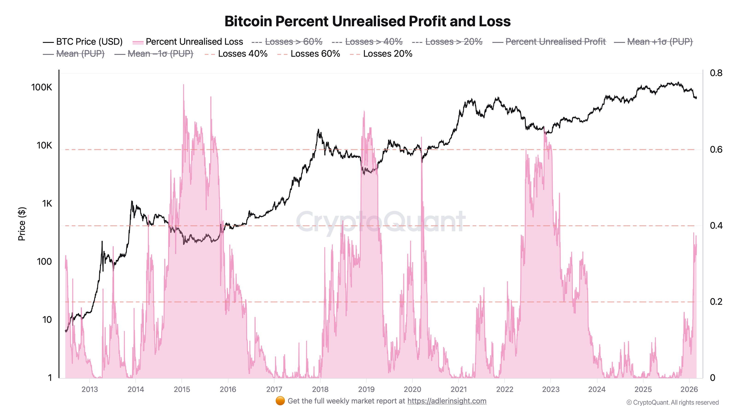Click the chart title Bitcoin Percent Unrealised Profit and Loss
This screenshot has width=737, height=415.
point(367,21)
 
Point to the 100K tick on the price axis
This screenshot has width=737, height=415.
point(42,87)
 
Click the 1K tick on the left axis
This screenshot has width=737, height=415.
point(47,204)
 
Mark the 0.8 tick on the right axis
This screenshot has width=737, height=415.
point(716,73)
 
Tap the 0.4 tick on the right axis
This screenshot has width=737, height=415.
point(716,226)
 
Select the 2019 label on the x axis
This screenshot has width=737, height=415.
point(366,389)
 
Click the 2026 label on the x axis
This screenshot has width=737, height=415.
point(689,389)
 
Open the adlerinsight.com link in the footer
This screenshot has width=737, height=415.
point(447,401)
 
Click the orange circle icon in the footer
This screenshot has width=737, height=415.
point(280,401)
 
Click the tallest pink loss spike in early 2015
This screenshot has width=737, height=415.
point(183,85)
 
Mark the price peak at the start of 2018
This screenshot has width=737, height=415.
point(318,130)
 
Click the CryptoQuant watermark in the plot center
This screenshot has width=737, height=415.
point(380,222)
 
